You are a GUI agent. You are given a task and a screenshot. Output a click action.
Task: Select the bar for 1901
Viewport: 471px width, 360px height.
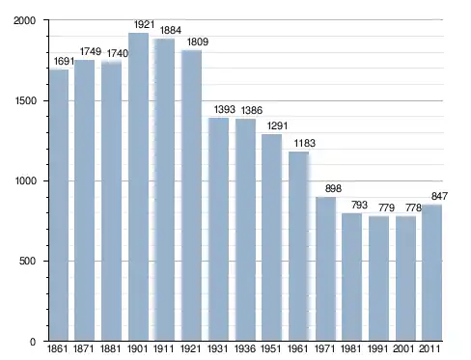pos(138,186)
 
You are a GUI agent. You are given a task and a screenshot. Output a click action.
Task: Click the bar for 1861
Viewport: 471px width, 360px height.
pos(59,206)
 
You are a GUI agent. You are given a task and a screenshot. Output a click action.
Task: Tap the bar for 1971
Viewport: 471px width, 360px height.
pos(325,269)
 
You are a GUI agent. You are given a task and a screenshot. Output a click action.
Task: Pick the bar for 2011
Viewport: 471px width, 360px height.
pos(431,273)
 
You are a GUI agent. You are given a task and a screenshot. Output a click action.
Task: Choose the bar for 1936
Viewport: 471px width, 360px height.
pos(245,230)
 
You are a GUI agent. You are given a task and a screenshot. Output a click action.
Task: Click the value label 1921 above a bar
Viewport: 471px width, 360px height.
pos(144,24)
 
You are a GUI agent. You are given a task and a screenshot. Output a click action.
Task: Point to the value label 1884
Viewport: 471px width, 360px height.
pos(171,30)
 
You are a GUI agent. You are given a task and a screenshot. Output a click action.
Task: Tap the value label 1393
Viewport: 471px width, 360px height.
pos(225,109)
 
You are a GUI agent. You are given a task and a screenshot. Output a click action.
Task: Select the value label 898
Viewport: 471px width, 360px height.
pos(333,188)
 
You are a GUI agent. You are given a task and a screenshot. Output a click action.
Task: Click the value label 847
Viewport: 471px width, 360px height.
pos(439,196)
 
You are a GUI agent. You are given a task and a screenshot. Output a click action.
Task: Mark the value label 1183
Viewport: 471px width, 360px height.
pos(305,143)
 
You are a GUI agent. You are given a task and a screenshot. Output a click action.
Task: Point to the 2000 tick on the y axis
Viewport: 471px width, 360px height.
pos(24,20)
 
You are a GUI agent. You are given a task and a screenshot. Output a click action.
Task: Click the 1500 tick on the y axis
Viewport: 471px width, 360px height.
pos(25,100)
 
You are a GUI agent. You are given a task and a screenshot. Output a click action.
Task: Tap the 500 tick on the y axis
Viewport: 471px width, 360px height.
pos(27,261)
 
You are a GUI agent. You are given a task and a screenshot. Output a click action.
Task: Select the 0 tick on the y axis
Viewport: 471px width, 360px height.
pos(33,342)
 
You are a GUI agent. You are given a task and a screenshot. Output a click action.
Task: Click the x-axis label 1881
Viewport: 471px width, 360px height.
pos(110,348)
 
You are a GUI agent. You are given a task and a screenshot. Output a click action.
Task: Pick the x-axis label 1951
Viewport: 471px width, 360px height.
pos(271,348)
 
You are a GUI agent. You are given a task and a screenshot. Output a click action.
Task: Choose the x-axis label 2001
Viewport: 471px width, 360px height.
pos(403,348)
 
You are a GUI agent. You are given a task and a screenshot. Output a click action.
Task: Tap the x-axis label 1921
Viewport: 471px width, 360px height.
pos(191,348)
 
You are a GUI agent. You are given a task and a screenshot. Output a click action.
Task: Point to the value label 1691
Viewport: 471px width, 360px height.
pos(64,61)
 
